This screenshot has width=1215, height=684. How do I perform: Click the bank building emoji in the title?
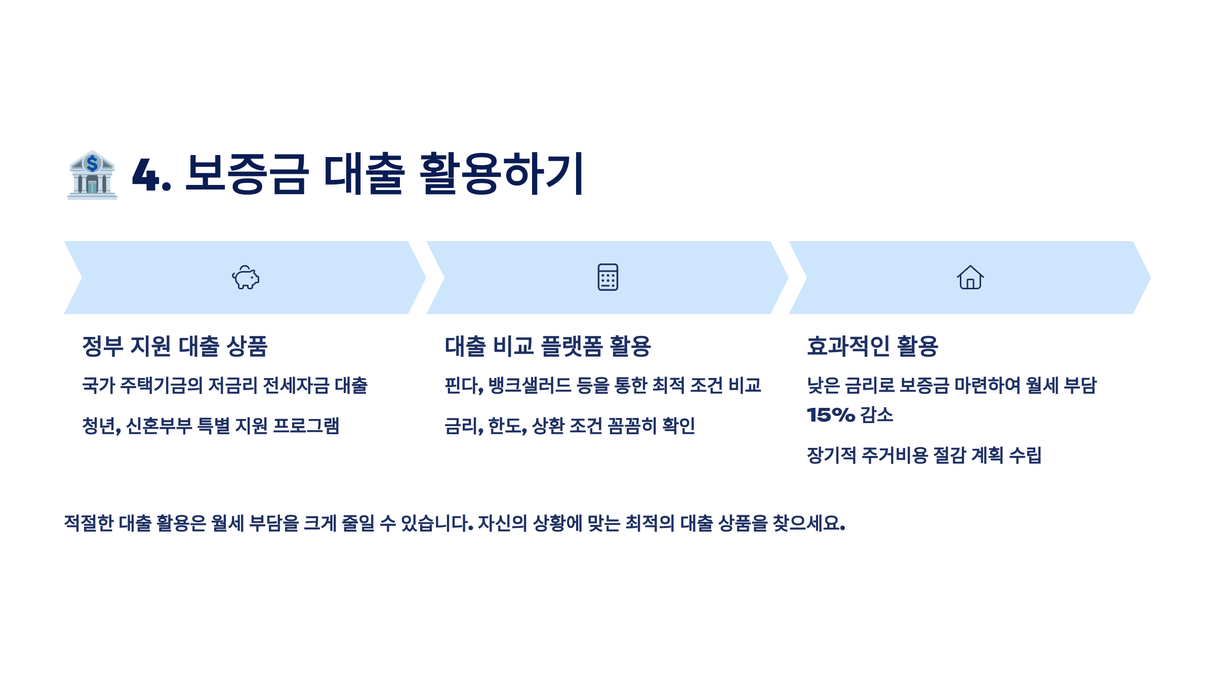[x=92, y=175]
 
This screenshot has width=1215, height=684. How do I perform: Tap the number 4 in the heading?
[x=146, y=175]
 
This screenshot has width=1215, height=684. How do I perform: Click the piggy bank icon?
[x=246, y=278]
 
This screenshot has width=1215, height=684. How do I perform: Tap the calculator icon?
[x=607, y=277]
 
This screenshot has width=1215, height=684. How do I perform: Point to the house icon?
[x=970, y=278]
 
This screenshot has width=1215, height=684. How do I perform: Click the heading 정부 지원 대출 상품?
[x=175, y=347]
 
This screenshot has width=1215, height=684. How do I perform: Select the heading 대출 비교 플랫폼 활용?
[x=548, y=347]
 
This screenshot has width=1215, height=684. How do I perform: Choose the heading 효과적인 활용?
[x=872, y=347]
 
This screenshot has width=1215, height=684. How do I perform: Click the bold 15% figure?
[x=831, y=415]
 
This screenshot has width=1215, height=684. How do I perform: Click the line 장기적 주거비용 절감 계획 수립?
[x=924, y=455]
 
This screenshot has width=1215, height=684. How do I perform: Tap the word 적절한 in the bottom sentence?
[x=89, y=523]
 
